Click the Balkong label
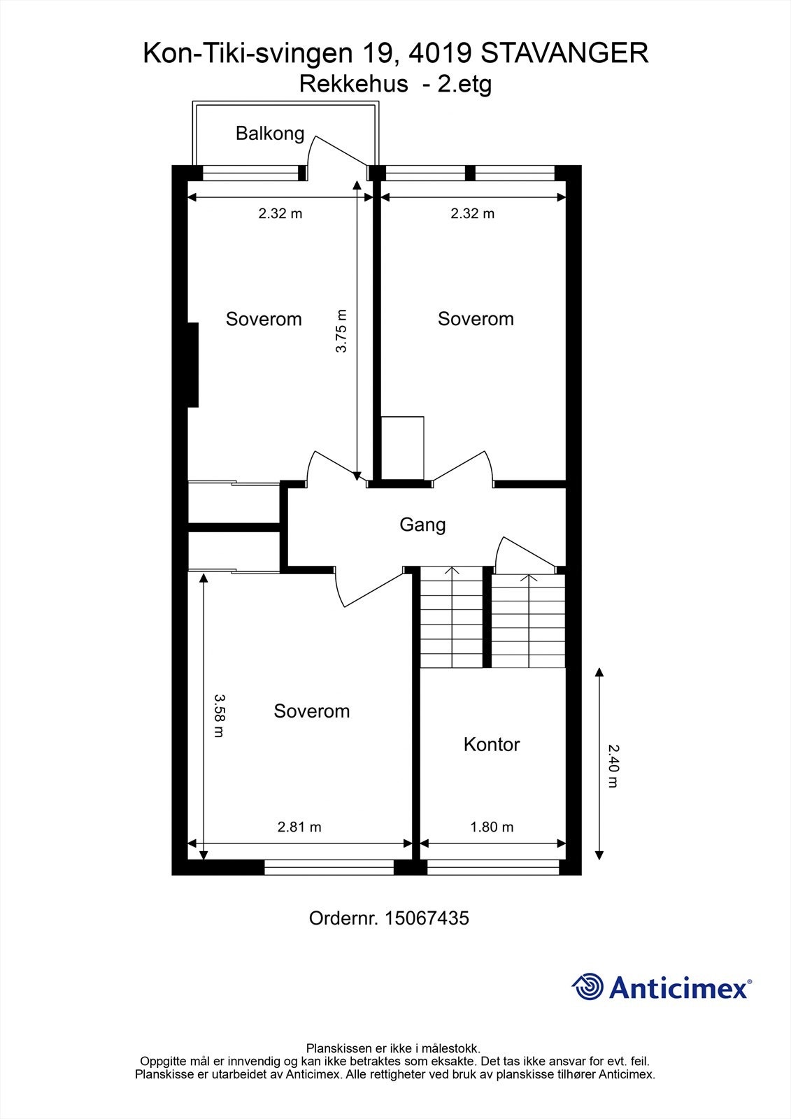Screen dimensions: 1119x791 tap(269, 133)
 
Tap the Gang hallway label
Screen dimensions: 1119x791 tap(422, 524)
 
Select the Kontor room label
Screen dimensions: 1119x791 tap(491, 744)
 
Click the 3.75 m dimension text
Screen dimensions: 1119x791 tap(341, 331)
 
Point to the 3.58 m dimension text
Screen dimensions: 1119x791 tap(219, 715)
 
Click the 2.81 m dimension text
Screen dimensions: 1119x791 tap(299, 827)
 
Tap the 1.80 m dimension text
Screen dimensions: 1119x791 tap(492, 827)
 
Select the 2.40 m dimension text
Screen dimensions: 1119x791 tap(613, 766)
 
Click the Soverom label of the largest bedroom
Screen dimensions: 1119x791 tap(311, 711)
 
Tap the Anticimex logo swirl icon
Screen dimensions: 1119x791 tap(587, 987)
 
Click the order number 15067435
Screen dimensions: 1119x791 tap(427, 918)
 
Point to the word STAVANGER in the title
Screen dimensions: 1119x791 tap(565, 53)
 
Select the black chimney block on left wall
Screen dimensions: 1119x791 tap(193, 364)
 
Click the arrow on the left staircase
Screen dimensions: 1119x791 tap(452, 572)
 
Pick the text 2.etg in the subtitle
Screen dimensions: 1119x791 tap(464, 84)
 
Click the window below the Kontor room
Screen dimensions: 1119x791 tap(493, 868)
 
